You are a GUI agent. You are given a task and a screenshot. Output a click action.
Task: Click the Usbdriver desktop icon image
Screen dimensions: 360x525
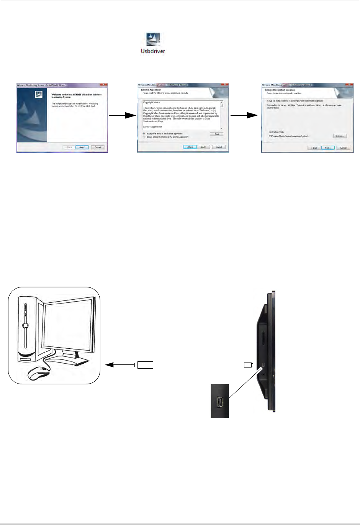click(x=153, y=39)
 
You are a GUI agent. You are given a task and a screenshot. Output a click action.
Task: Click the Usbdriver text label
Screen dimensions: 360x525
click(x=153, y=51)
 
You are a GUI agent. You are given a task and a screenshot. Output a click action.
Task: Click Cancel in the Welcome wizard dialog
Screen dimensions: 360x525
click(x=98, y=147)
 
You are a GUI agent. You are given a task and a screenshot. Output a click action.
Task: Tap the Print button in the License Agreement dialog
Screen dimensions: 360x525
click(x=216, y=134)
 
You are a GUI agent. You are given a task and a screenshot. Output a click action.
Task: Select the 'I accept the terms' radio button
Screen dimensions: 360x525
click(x=144, y=134)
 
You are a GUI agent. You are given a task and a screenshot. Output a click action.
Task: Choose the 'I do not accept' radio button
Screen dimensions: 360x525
click(x=144, y=137)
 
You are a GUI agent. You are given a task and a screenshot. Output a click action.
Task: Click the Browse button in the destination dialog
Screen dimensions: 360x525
click(x=339, y=136)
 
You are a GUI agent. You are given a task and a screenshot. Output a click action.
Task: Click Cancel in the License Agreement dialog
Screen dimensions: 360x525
click(x=219, y=147)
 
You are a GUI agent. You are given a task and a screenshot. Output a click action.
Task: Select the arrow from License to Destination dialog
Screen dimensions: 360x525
click(x=245, y=115)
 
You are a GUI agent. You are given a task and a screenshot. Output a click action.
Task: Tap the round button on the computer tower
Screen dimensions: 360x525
click(x=25, y=326)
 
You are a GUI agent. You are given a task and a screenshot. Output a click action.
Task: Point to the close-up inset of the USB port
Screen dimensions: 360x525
click(x=220, y=401)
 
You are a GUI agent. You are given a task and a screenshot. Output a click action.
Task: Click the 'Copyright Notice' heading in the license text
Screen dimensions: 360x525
click(x=151, y=102)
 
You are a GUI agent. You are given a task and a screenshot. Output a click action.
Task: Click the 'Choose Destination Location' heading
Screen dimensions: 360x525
click(x=280, y=90)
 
